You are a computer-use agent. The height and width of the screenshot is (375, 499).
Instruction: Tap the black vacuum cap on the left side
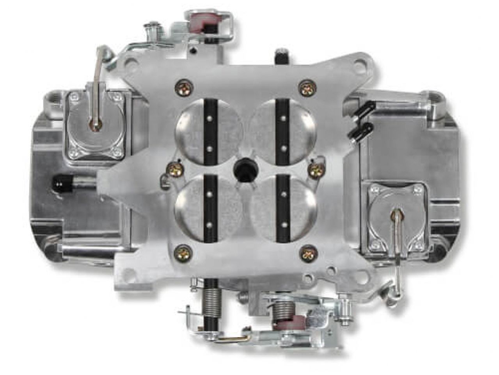coord(59,181)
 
